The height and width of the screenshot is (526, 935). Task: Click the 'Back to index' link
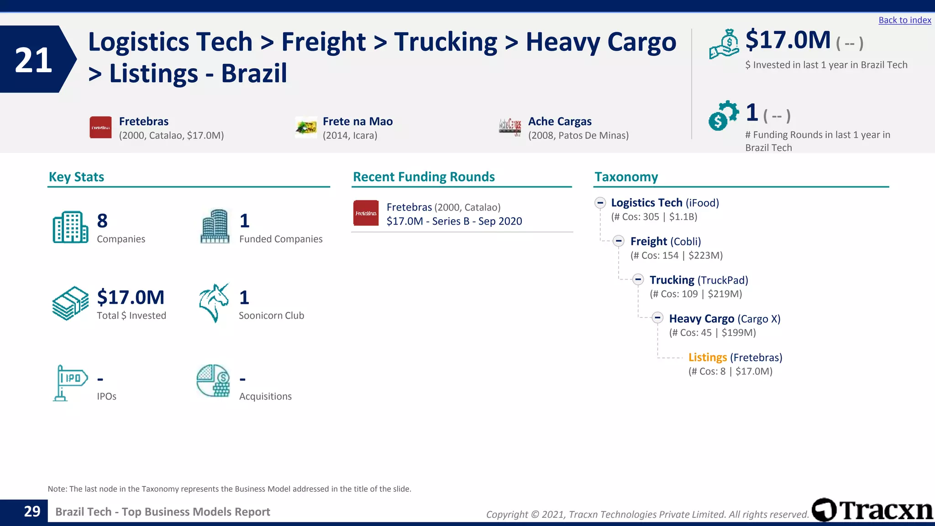pyautogui.click(x=904, y=20)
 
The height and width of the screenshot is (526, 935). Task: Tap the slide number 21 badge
pyautogui.click(x=34, y=60)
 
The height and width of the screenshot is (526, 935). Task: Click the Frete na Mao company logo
pyautogui.click(x=306, y=127)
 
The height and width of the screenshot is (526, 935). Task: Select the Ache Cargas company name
pyautogui.click(x=560, y=121)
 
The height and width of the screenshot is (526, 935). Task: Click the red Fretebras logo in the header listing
pyautogui.click(x=100, y=127)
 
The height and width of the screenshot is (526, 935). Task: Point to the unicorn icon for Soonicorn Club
pyautogui.click(x=214, y=303)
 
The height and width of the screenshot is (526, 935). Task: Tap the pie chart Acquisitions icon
pyautogui.click(x=213, y=381)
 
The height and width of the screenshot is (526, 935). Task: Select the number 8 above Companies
pyautogui.click(x=102, y=221)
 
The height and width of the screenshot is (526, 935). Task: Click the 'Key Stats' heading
pyautogui.click(x=76, y=177)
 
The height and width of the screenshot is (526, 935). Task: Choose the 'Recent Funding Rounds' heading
pyautogui.click(x=424, y=177)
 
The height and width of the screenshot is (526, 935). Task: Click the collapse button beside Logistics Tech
pyautogui.click(x=600, y=203)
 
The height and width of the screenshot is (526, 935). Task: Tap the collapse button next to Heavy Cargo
pyautogui.click(x=657, y=318)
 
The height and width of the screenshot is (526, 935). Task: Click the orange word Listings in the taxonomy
pyautogui.click(x=707, y=358)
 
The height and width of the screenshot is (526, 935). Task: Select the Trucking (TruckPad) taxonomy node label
pyautogui.click(x=699, y=280)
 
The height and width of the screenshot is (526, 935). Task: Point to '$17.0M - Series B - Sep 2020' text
pyautogui.click(x=454, y=221)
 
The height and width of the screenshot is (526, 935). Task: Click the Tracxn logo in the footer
pyautogui.click(x=872, y=510)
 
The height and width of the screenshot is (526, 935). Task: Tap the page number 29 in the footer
pyautogui.click(x=32, y=511)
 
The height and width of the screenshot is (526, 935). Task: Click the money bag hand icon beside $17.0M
pyautogui.click(x=724, y=44)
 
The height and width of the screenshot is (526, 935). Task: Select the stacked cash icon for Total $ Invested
pyautogui.click(x=70, y=303)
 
